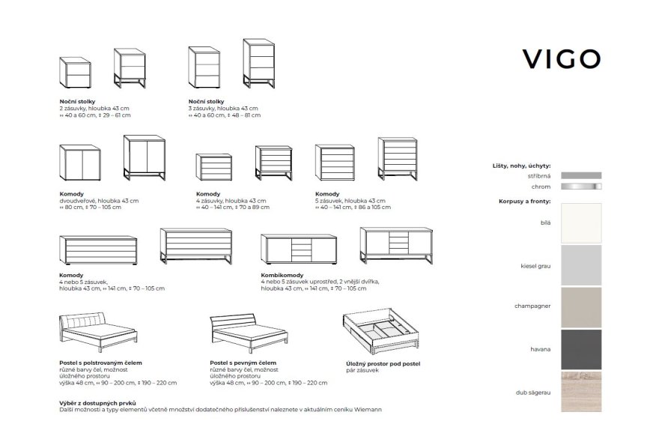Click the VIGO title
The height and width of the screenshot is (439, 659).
pos(561,58)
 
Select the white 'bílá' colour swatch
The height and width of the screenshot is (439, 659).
pos(580,223)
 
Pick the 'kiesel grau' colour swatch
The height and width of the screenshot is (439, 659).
pos(580,265)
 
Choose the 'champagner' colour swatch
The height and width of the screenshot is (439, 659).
pos(580,306)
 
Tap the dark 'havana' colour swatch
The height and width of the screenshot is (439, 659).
pos(580,348)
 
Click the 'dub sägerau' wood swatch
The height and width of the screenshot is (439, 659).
pos(580,390)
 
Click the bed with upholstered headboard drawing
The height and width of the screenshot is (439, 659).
pos(98,335)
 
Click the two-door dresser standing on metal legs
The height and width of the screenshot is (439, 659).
pos(144,158)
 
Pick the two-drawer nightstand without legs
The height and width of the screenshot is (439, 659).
pos(76,73)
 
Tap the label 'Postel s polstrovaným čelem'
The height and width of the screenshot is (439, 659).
pos(100,363)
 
